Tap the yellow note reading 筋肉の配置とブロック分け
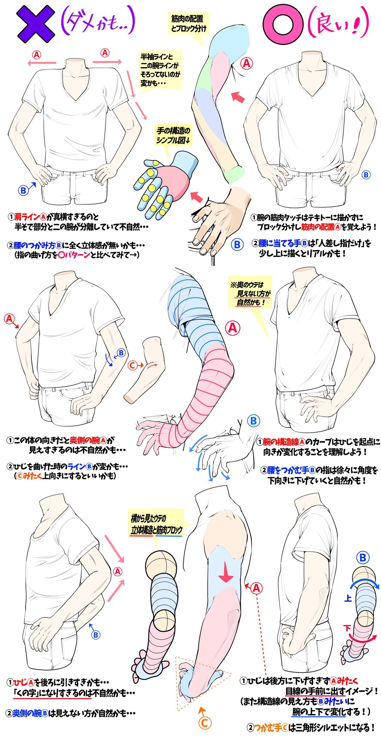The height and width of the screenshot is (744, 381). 188,23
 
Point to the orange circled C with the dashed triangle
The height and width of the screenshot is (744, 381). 205,723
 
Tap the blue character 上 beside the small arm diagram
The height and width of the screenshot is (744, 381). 348,598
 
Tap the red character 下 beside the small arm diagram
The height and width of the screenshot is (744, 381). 347,628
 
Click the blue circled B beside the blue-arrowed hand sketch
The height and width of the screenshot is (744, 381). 253,421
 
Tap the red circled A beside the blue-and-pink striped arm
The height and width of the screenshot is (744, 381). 233,328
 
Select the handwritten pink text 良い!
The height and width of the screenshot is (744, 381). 338,25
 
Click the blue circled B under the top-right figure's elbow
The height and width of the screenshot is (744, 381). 366,175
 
